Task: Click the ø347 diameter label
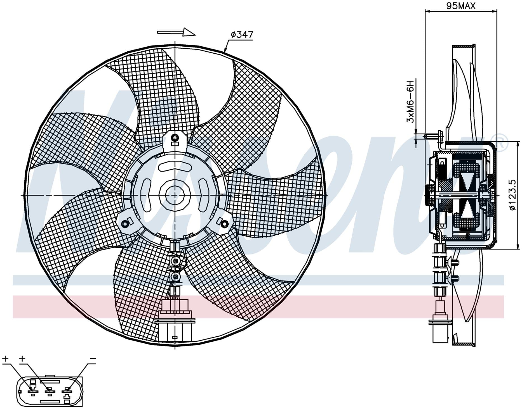pyautogui.click(x=242, y=35)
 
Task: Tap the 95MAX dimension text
pyautogui.click(x=460, y=6)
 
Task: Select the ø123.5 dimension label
pyautogui.click(x=512, y=195)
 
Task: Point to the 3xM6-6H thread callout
pyautogui.click(x=410, y=101)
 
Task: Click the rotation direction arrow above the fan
pyautogui.click(x=176, y=32)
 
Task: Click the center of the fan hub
pyautogui.click(x=175, y=195)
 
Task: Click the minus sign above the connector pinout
pyautogui.click(x=93, y=359)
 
